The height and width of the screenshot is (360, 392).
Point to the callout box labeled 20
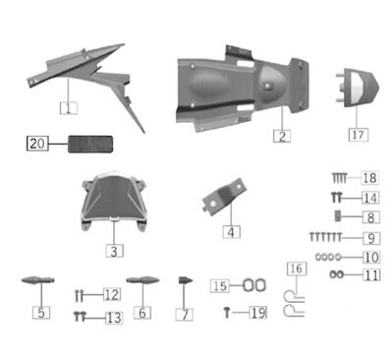tap(37, 145)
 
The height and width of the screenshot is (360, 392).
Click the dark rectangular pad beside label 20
tap(88, 145)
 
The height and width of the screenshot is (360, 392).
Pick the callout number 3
tap(115, 252)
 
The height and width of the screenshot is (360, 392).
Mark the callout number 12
tap(112, 294)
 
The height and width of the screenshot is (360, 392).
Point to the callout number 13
tap(113, 317)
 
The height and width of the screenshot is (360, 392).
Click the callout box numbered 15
tap(221, 285)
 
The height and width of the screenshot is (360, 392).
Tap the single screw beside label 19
tap(228, 312)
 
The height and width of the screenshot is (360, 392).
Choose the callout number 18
tap(369, 178)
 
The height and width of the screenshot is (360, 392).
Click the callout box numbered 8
tap(369, 216)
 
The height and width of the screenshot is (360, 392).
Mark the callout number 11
tap(369, 274)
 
